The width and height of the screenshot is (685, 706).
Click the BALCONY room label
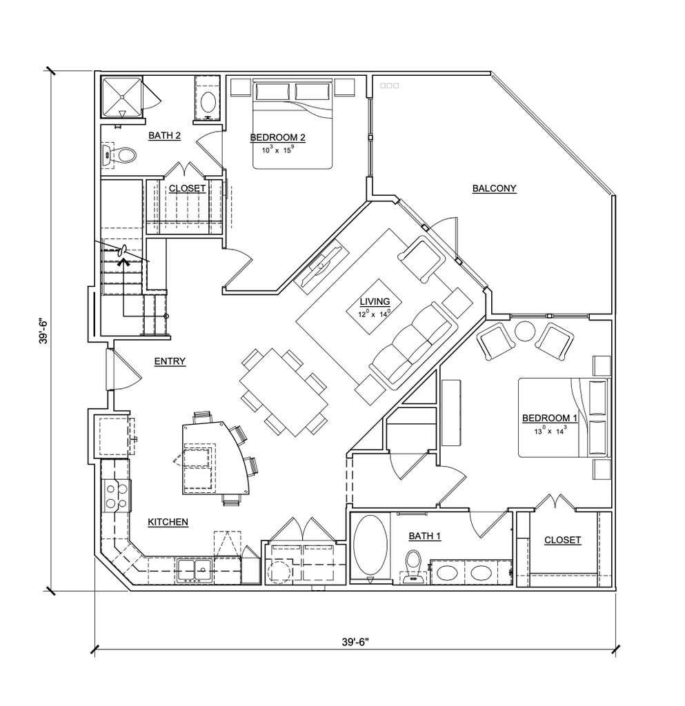[494, 188]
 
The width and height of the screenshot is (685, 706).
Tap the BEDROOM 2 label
[277, 137]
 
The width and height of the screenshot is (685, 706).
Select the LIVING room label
[375, 302]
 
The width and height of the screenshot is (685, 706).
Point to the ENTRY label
[170, 361]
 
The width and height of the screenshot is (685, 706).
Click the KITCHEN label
[168, 522]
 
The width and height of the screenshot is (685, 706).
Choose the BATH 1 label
[425, 536]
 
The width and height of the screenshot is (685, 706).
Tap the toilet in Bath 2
[119, 156]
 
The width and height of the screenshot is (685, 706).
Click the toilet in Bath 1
[413, 567]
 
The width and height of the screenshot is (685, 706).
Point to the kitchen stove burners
[116, 495]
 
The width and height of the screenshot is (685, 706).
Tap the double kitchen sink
[194, 570]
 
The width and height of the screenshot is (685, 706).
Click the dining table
[284, 392]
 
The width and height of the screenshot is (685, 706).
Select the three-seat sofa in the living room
[411, 345]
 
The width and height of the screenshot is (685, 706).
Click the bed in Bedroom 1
[564, 417]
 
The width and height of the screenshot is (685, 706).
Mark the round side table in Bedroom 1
[525, 332]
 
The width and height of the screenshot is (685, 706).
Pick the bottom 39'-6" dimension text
[355, 642]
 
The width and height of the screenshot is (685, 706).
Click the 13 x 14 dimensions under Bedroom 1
[550, 431]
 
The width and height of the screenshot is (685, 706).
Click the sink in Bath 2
[208, 102]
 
